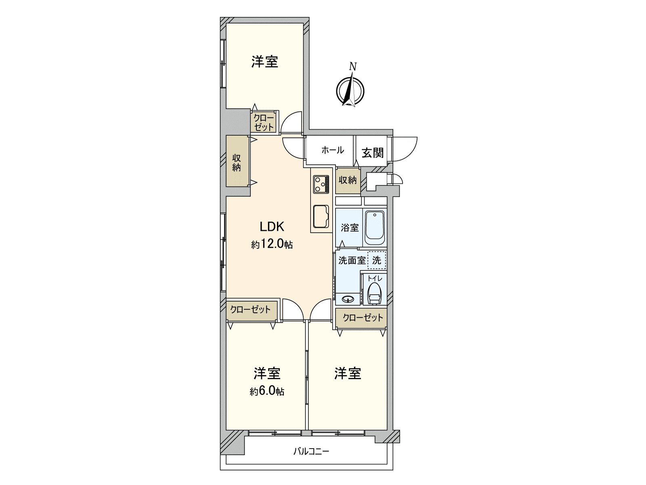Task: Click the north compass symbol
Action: pos(350,90)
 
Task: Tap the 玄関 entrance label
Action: pos(372,152)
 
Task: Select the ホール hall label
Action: pos(332,150)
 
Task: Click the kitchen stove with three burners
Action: pos(321,184)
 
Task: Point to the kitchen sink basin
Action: pos(321,216)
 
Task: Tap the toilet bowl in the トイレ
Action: pos(374,292)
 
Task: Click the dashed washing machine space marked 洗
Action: pos(377,260)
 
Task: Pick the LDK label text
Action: pos(272,227)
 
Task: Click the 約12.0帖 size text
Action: pos(272,245)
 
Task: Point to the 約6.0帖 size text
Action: pos(267,391)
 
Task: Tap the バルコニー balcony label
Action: pos(311,451)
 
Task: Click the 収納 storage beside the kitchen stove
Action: pos(347,180)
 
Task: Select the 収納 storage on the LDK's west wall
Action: pos(237,162)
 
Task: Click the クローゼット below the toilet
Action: pos(362,318)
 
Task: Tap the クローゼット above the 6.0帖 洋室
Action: pos(250,310)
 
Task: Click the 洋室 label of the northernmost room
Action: pos(264,62)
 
